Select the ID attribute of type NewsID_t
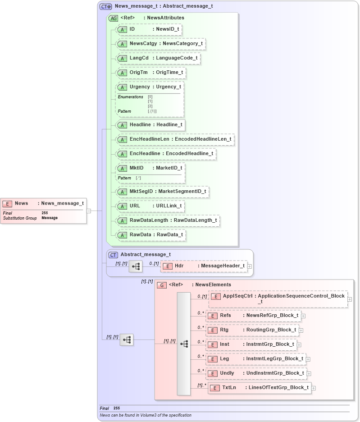[149, 29]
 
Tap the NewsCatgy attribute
[160, 44]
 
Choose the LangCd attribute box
[158, 58]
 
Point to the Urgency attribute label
[140, 87]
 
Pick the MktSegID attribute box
[163, 192]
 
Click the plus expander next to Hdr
[250, 266]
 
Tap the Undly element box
[256, 373]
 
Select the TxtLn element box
[260, 388]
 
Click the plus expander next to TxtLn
[314, 388]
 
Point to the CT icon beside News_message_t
[106, 7]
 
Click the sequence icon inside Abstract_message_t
[136, 266]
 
